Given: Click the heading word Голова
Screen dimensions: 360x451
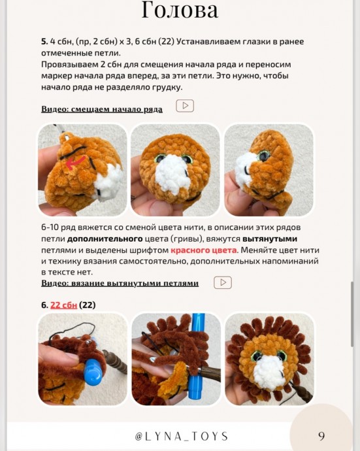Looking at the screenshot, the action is [180, 10].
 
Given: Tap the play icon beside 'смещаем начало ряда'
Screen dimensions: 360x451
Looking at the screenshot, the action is [185, 105].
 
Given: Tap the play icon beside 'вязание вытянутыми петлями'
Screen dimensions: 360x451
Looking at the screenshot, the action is [223, 282].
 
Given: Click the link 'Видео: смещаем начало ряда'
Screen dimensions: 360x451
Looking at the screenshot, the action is [102, 109].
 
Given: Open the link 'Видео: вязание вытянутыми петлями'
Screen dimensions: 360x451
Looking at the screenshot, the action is [120, 283].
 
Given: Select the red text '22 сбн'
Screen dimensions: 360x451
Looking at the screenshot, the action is [63, 305].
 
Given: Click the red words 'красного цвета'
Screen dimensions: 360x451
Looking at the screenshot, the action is [204, 250].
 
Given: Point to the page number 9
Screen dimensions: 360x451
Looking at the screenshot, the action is [321, 436].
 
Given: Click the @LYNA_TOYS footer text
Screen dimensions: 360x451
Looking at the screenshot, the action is [182, 437].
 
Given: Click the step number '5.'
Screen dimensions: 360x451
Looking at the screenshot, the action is [44, 41].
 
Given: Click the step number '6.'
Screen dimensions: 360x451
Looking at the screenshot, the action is [44, 305].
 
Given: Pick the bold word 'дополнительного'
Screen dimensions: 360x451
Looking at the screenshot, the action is [105, 239].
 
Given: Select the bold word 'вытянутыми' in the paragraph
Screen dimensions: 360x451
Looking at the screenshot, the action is [270, 239].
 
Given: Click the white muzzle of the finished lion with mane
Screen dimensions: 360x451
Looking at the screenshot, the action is [269, 372].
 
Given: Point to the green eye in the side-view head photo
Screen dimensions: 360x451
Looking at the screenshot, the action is [264, 156].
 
